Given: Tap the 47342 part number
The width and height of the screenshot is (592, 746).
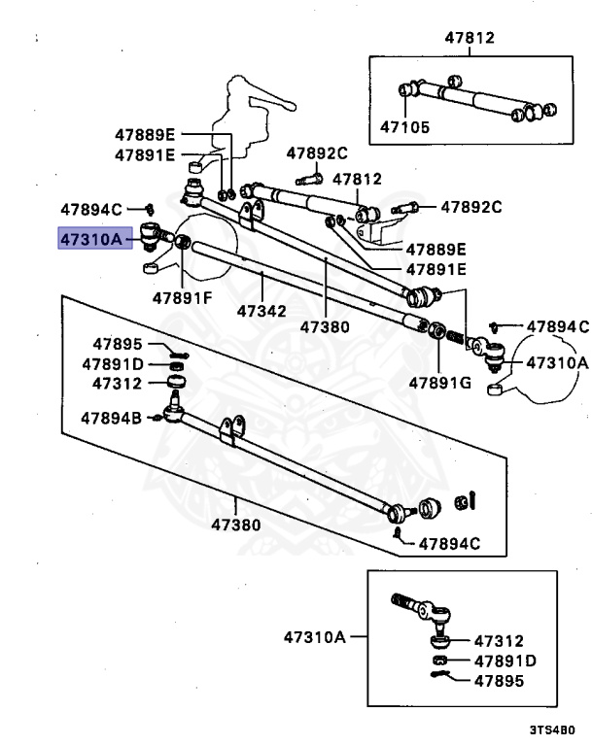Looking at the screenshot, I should [x=261, y=313].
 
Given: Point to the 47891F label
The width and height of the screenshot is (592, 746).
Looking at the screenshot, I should [x=181, y=297].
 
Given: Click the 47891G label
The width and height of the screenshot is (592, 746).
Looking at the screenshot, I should [x=439, y=383].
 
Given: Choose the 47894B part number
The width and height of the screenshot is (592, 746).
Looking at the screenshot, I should [x=111, y=419].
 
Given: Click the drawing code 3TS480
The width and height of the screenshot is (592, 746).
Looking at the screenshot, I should [x=552, y=729].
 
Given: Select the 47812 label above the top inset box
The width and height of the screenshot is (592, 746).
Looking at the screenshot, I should [x=470, y=39].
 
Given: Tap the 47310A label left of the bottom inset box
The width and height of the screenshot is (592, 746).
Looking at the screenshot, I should [x=314, y=638].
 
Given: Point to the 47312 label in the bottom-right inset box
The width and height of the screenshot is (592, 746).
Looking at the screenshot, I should [x=499, y=641].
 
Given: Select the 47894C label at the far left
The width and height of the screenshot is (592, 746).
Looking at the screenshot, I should [x=91, y=208].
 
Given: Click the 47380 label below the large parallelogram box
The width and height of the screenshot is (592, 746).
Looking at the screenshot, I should [x=236, y=526].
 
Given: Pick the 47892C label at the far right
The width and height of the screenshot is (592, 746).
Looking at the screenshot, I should [x=471, y=207].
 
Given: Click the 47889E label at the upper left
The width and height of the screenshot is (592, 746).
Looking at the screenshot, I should [x=144, y=135].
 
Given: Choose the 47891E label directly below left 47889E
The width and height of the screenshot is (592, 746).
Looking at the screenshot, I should [x=144, y=154].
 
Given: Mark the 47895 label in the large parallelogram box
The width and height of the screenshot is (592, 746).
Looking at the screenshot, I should [x=118, y=344].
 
